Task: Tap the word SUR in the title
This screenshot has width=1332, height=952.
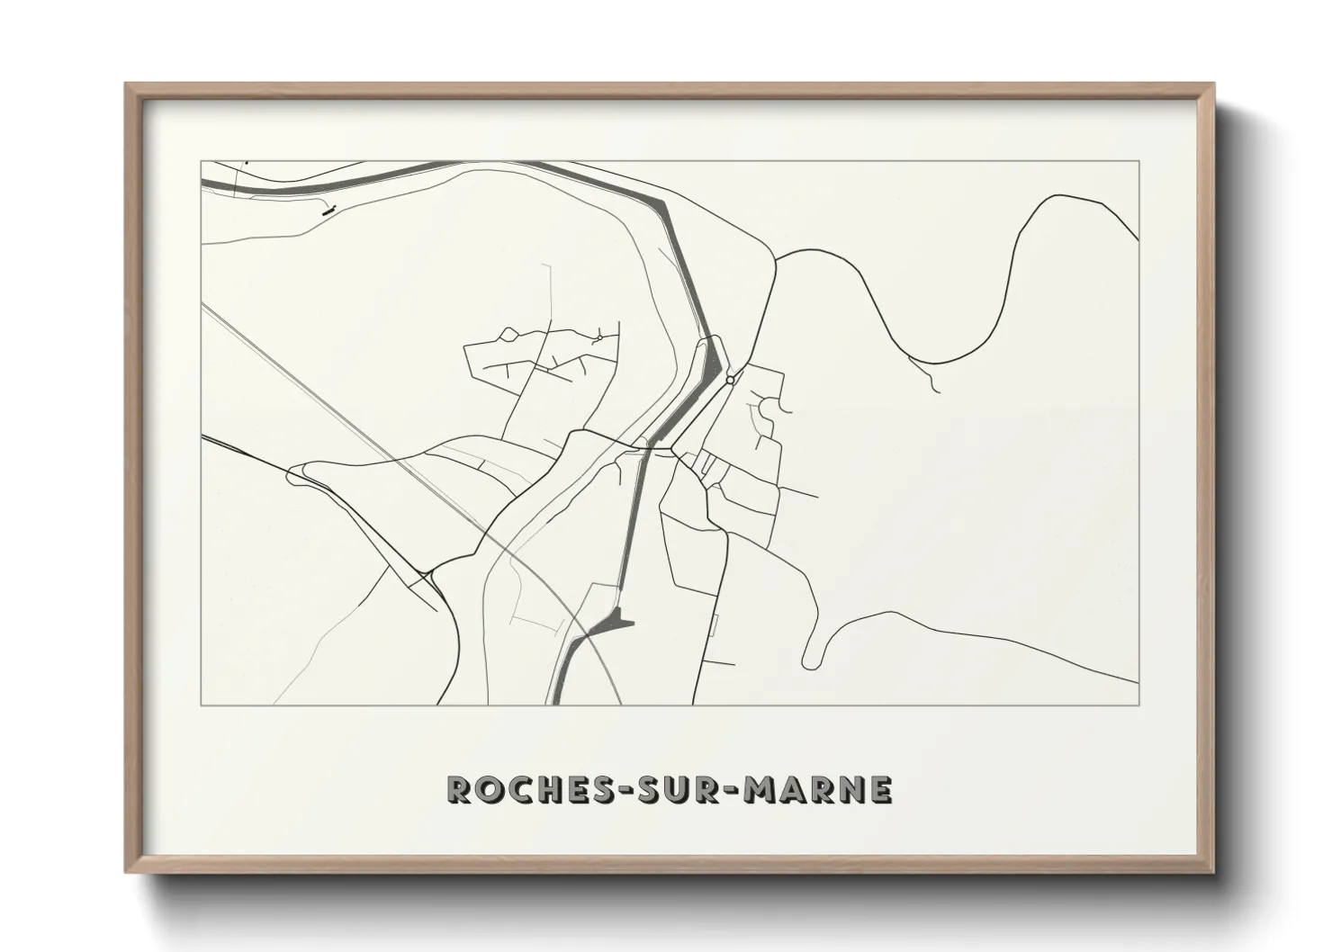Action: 656,789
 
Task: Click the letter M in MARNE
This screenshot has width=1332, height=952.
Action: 753,789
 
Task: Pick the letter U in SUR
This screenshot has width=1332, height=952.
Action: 656,789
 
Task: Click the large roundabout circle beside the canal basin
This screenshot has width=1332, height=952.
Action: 730,381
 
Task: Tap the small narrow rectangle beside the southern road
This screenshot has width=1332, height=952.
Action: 713,625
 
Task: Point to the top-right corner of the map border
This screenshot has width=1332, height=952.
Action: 1138,161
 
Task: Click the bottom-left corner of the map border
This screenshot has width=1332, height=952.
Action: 201,705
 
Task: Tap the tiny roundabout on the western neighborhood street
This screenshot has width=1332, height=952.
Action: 598,337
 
